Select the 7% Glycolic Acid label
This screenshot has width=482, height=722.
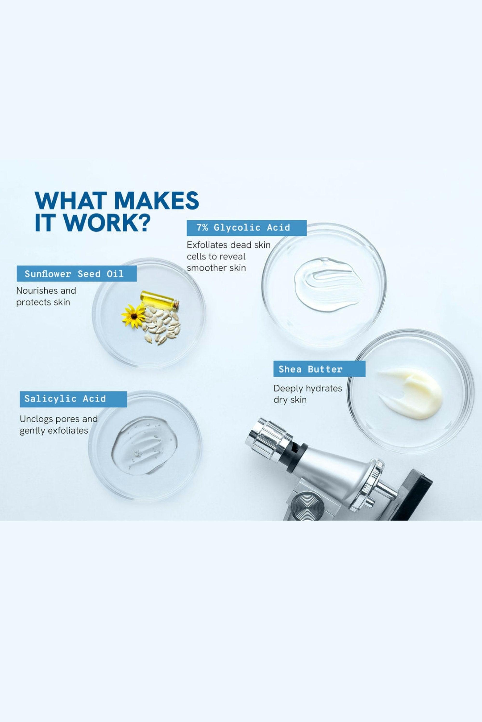point(247,228)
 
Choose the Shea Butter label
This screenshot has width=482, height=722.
point(319,369)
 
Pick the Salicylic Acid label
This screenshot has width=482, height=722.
point(73,399)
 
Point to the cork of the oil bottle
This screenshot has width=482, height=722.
point(176,304)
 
